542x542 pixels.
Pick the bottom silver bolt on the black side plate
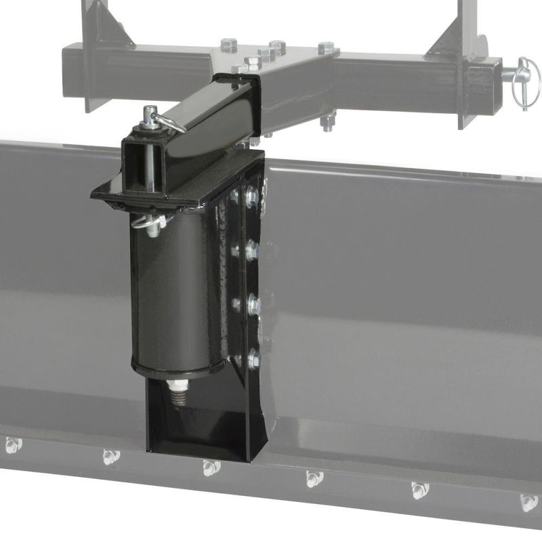(254, 359)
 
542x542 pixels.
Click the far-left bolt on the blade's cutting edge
(12, 445)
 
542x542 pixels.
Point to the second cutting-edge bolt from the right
(419, 490)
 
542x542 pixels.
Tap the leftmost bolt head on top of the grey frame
(229, 46)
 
